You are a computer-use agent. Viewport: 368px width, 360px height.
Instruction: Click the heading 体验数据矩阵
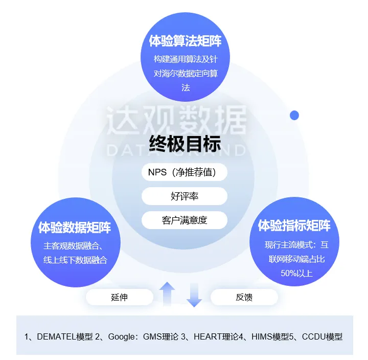coord(75,228)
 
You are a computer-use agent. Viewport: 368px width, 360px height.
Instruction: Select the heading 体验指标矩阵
coord(294,226)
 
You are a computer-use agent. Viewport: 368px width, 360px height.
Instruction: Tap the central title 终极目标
coord(185,145)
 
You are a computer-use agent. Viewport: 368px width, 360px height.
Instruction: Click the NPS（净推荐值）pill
coord(184,172)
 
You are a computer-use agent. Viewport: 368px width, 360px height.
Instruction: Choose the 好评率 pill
coord(184,196)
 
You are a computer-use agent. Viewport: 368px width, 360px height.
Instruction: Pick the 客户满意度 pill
coord(184,220)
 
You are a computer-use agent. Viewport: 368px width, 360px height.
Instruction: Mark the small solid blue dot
coord(294,115)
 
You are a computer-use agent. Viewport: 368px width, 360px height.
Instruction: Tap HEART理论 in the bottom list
coord(217,336)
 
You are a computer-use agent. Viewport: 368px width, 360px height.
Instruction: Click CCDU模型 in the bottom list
coord(322,336)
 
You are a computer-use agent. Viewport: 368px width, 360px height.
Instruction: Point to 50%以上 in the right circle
coord(296,274)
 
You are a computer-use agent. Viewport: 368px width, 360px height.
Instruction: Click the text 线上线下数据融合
coord(75,260)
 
